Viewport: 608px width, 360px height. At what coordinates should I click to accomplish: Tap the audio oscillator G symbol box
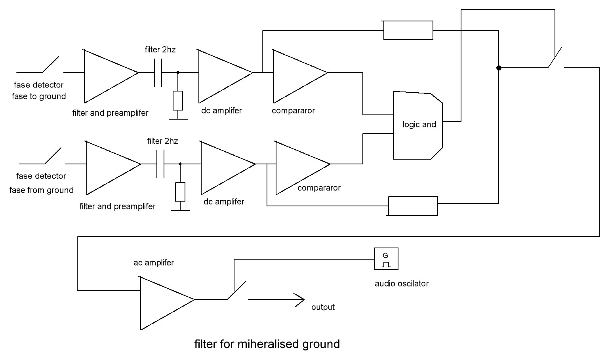[386, 259]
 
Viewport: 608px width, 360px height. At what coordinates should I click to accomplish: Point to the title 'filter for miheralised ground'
[267, 344]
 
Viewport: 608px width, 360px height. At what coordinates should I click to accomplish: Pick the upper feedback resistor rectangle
[408, 30]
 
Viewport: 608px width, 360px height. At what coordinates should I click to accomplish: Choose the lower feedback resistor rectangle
[413, 206]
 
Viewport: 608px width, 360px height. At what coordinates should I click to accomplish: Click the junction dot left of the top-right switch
[499, 68]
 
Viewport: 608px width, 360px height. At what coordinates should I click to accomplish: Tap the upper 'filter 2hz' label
[160, 50]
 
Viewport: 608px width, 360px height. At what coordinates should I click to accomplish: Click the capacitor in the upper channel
[158, 72]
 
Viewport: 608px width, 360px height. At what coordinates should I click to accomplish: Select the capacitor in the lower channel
[160, 164]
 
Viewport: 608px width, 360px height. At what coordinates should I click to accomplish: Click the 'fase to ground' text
[39, 96]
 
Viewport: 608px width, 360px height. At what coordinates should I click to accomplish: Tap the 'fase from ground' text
[42, 190]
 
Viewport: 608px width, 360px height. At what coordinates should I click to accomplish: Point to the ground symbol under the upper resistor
[177, 118]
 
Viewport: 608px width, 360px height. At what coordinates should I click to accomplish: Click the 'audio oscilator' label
[402, 284]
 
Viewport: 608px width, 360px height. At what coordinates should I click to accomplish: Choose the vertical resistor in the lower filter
[180, 192]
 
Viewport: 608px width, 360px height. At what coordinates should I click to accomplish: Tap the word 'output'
[323, 307]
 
